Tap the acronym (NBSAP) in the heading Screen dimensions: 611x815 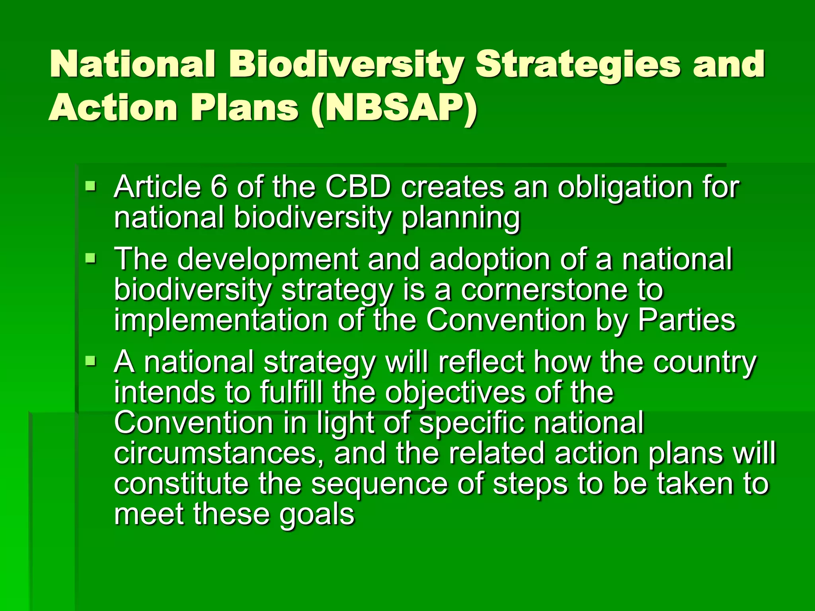(394, 108)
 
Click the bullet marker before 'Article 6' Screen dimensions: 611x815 (91, 185)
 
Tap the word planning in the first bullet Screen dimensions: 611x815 (461, 219)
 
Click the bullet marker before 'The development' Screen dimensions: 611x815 (91, 259)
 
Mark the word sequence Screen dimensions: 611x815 (379, 485)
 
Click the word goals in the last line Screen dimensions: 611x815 (316, 516)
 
